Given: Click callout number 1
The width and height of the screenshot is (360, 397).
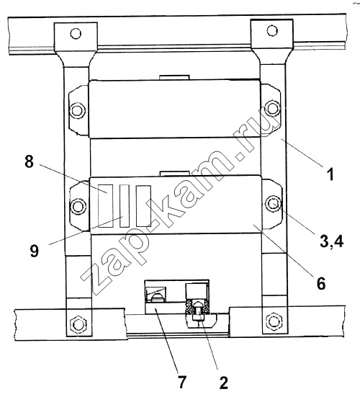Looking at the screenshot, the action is (330, 174).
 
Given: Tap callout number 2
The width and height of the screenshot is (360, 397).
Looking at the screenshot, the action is (223, 383).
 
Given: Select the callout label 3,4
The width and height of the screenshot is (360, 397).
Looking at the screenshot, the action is (331, 241).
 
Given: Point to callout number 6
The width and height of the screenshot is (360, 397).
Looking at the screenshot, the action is (321, 283).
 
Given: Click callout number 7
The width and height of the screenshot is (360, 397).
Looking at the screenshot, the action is (182, 382).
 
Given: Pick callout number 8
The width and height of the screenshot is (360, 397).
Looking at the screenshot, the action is (29, 161).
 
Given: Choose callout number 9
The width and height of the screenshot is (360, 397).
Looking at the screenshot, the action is (35, 251).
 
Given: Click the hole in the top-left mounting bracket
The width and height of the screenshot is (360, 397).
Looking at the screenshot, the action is (76, 33).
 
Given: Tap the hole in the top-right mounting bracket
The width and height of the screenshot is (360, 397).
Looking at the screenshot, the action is (272, 30).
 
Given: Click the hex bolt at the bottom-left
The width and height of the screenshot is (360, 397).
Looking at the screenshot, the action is (78, 324).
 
